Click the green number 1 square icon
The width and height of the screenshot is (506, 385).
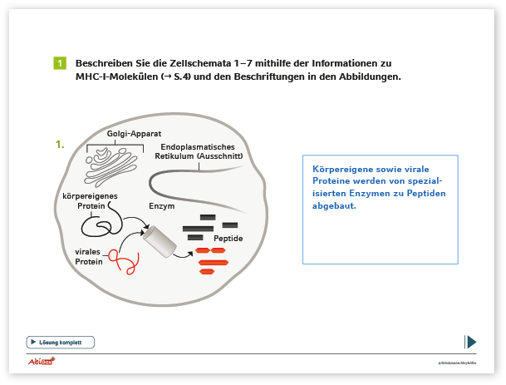[x=59, y=64]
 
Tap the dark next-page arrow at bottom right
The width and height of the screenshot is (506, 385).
[x=470, y=342]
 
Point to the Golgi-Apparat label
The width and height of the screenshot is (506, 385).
[x=133, y=135]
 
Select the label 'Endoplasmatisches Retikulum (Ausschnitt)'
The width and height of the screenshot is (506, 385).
[x=198, y=151]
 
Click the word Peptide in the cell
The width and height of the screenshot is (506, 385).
[x=228, y=239]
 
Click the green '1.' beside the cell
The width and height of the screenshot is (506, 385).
[x=60, y=144]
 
